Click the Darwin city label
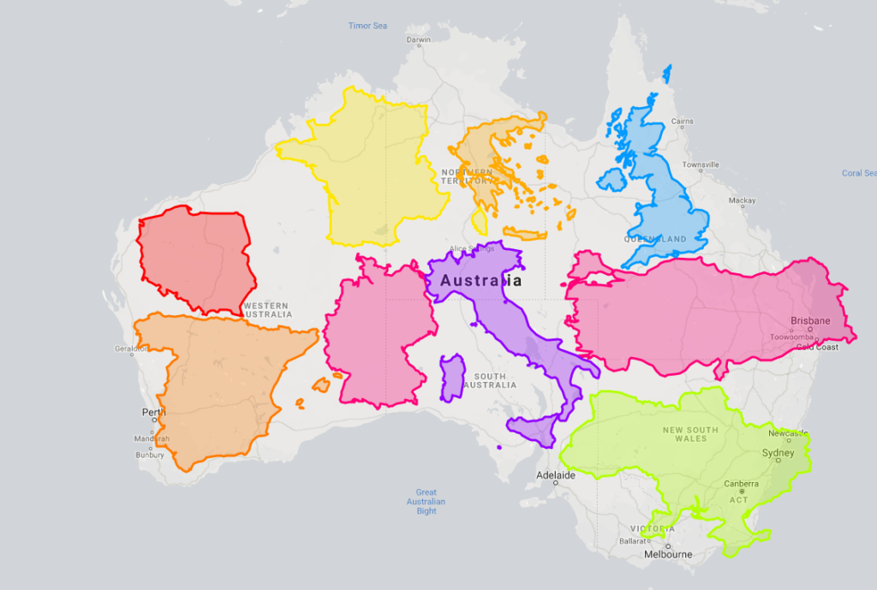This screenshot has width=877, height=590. click(419, 39)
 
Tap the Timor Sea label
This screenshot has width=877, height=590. click(367, 26)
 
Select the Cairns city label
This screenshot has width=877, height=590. click(682, 122)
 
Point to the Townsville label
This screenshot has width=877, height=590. click(700, 164)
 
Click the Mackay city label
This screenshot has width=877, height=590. click(742, 201)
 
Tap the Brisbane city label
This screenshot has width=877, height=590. click(810, 321)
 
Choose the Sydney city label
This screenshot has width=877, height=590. click(779, 453)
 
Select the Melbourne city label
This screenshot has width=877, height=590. click(668, 554)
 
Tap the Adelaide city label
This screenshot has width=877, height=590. click(556, 474)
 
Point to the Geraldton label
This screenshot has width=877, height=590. click(130, 349)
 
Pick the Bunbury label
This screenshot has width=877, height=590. click(150, 455)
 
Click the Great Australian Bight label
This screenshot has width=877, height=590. click(427, 502)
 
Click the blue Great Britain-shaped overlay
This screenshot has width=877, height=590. click(655, 188)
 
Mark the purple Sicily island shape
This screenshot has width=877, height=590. click(531, 428)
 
